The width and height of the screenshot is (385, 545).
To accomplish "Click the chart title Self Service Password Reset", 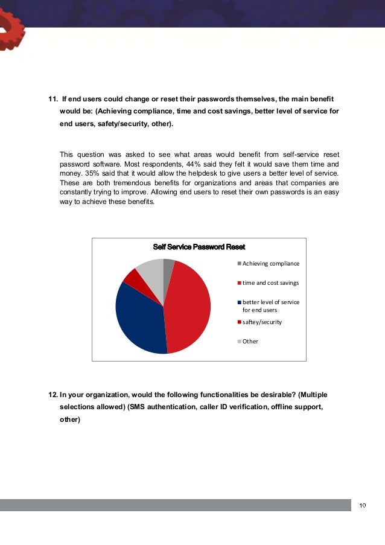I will tap(199, 247).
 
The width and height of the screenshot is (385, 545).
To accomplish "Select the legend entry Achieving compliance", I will tap(270, 263).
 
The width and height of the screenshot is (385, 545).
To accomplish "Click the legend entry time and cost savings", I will tap(270, 282).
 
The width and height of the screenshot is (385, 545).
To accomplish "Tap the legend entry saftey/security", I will tap(262, 322).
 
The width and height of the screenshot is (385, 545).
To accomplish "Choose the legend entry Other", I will tap(250, 341).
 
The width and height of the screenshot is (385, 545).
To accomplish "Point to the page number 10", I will tap(362, 505).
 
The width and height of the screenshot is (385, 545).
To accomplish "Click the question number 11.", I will tap(52, 98).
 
